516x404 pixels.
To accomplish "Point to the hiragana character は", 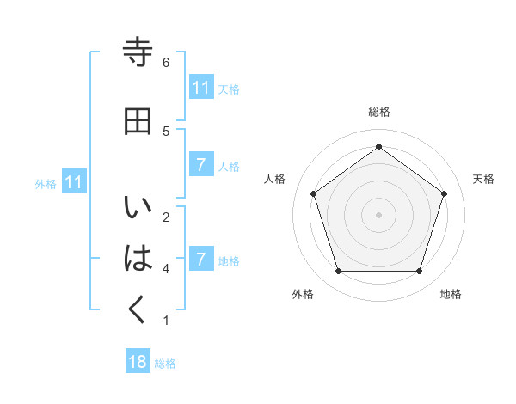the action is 138,258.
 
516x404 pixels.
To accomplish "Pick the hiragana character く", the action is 138,309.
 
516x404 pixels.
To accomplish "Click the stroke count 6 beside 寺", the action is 166,62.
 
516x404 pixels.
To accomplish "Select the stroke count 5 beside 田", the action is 166,131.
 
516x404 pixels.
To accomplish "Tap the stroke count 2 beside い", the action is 166,217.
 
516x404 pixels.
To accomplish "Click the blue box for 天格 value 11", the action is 200,88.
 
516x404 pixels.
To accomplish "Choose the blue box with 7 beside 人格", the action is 200,165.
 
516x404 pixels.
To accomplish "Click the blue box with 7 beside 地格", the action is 200,259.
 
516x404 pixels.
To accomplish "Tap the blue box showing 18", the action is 138,362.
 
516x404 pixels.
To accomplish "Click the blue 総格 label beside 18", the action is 165,364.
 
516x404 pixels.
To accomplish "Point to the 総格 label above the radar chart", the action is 379,113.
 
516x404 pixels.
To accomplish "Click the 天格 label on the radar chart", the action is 483,179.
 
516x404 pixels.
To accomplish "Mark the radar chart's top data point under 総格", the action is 379,146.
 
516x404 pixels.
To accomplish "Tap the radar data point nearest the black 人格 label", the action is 314,193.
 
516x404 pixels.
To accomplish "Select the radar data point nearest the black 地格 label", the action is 419,272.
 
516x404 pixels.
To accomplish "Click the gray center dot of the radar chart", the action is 379,214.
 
